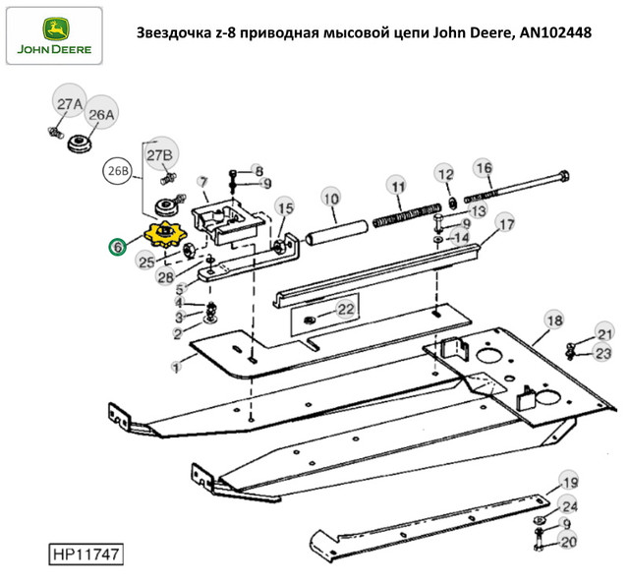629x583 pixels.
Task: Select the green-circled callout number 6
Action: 117,247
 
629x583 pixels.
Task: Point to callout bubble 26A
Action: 102,114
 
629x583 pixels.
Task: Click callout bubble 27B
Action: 159,155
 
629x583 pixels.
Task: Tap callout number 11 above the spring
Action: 396,186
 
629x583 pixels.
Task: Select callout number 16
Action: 484,168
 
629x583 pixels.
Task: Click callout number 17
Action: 505,225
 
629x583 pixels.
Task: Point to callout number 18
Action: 554,321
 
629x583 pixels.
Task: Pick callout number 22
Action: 344,310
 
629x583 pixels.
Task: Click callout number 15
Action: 284,208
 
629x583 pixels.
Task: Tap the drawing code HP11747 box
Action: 87,555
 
